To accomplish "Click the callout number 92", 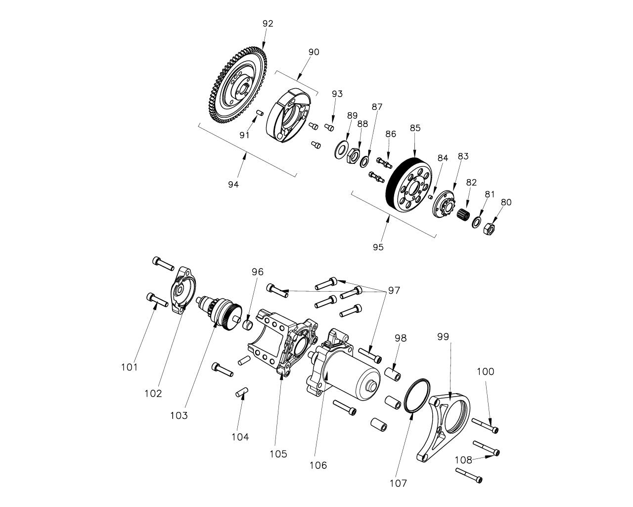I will tap(268, 24).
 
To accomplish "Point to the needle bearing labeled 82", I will tap(463, 216).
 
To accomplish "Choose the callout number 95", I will tap(378, 247).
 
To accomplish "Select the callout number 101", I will tap(130, 367).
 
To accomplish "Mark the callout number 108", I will tap(463, 460).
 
